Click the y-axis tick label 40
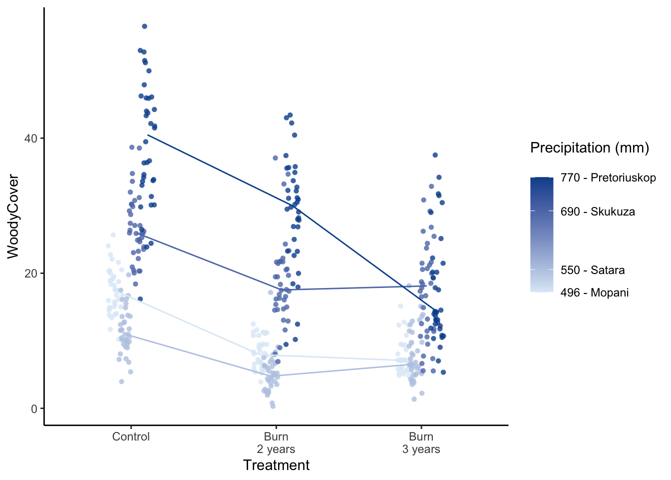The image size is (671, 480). (x=31, y=138)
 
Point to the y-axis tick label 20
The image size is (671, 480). (x=31, y=273)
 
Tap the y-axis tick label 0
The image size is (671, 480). (x=34, y=409)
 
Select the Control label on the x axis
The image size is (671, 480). (x=131, y=436)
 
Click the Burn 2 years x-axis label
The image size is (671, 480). (x=276, y=443)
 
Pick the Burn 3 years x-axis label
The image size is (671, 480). (x=421, y=443)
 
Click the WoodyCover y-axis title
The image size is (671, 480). (x=13, y=216)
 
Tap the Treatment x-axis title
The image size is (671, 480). (x=276, y=465)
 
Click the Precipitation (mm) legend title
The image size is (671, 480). (x=590, y=147)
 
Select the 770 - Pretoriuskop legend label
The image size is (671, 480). (x=608, y=177)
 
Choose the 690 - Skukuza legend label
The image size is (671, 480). (x=598, y=211)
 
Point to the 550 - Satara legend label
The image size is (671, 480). (x=593, y=270)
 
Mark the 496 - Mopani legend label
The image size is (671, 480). (x=595, y=292)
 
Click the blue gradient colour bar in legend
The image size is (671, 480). (x=542, y=234)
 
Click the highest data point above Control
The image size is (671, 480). (x=144, y=26)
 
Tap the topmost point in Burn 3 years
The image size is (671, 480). (x=435, y=155)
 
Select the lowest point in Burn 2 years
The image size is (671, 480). (x=273, y=406)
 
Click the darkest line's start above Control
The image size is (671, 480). (x=148, y=135)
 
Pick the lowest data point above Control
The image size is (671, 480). (x=121, y=381)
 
